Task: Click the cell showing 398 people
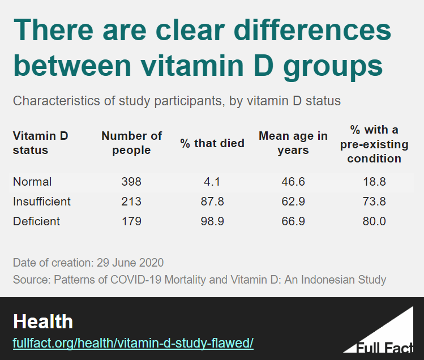pos(131,182)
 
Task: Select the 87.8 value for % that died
pos(212,202)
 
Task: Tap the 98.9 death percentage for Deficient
pos(212,221)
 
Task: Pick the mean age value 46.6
pos(293,182)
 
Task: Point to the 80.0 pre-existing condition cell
pos(374,221)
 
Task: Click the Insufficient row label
pos(42,202)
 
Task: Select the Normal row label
pos(32,182)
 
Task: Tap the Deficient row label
pos(36,221)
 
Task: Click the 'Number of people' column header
pos(131,143)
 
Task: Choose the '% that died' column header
pos(212,143)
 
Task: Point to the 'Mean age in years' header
pos(293,143)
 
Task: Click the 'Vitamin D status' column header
pos(40,143)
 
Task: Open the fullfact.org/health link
pos(133,344)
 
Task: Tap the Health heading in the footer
pos(43,322)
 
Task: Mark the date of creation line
pos(88,263)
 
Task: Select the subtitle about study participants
pos(177,101)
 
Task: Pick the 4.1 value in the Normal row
pos(212,182)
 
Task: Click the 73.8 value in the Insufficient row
pos(374,202)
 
